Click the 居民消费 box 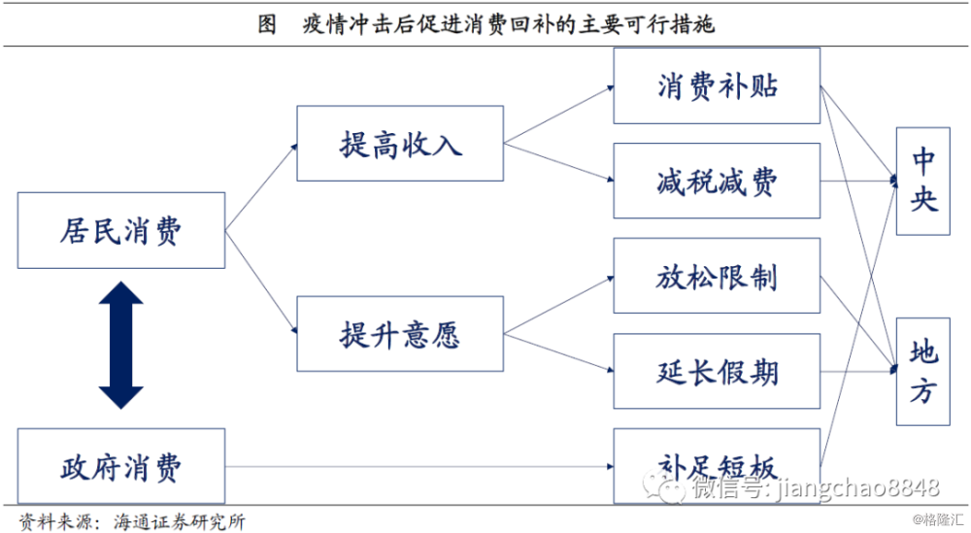(x=121, y=230)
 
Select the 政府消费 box (x=121, y=466)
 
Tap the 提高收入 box (x=400, y=144)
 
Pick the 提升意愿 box (x=400, y=334)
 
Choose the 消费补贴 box (x=718, y=86)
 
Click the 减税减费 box (x=718, y=181)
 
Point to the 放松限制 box (x=718, y=276)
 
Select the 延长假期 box (x=718, y=372)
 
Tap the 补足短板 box (x=718, y=466)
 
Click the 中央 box (x=923, y=182)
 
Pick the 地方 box (x=923, y=372)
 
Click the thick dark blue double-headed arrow (x=121, y=346)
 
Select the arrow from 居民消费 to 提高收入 (x=261, y=187)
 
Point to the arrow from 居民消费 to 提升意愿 (x=261, y=283)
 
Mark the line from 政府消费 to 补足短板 (x=419, y=466)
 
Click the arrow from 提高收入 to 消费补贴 (x=558, y=116)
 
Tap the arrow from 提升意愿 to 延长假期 (x=558, y=352)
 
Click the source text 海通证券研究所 (x=180, y=521)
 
